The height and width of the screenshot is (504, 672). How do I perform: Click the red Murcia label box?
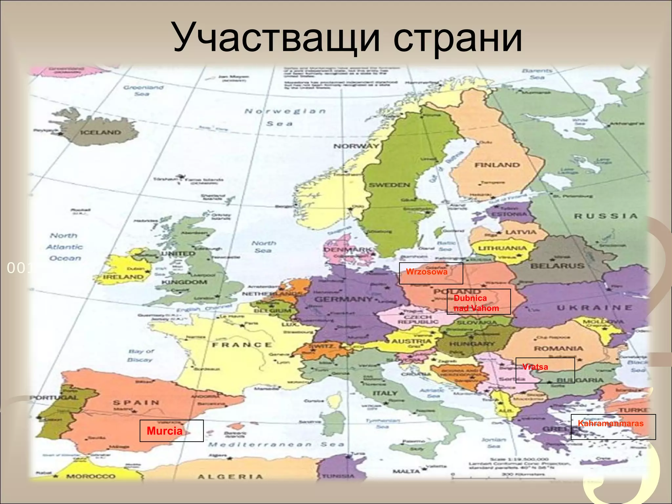[x=171, y=430]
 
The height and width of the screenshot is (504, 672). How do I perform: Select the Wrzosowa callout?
[x=431, y=273]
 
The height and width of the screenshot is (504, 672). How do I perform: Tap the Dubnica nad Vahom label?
[x=478, y=302]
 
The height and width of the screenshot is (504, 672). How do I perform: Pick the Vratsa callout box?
[x=545, y=370]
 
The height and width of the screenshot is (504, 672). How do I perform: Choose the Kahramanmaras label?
[x=613, y=427]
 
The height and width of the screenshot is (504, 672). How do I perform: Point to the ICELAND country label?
[x=101, y=133]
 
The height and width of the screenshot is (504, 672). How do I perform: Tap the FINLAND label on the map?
[x=497, y=165]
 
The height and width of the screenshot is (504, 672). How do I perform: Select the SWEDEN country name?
[x=389, y=185]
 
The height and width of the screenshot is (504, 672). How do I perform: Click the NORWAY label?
[x=356, y=146]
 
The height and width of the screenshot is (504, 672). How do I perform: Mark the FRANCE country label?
[x=242, y=345]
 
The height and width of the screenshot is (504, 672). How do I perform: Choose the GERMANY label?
[x=343, y=299]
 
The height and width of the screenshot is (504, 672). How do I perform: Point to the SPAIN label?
[x=136, y=403]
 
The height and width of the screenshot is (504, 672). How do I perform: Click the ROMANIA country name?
[x=558, y=348]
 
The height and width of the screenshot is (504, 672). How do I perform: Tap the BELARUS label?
[x=557, y=266]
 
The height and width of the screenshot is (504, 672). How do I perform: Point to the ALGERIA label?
[x=230, y=477]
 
